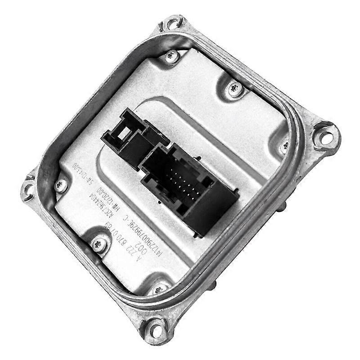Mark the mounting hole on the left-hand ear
[x=28, y=189]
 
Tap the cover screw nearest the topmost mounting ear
[x=171, y=56]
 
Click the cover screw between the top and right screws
[x=234, y=88]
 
